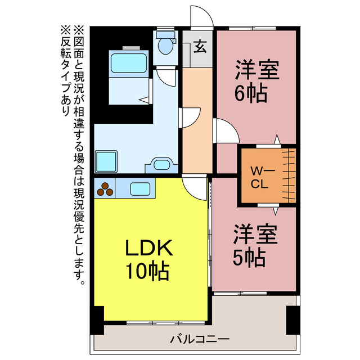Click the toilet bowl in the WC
point(165,44)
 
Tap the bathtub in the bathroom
point(129,62)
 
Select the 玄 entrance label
point(199,48)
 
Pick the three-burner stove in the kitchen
point(105,188)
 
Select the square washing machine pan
point(106,161)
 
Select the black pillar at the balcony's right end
point(292,319)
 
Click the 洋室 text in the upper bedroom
point(256,70)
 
